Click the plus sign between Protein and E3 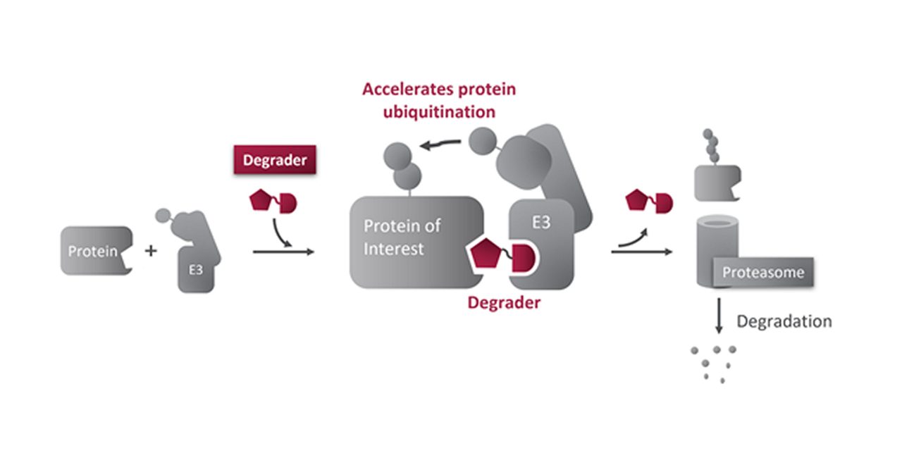(x=151, y=250)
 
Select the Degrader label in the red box (x=275, y=160)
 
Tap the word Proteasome (x=763, y=272)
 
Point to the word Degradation (x=784, y=321)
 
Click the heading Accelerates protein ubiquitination (x=439, y=100)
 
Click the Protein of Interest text (x=402, y=237)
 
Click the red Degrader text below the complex (x=504, y=303)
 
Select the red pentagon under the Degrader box (x=261, y=202)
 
